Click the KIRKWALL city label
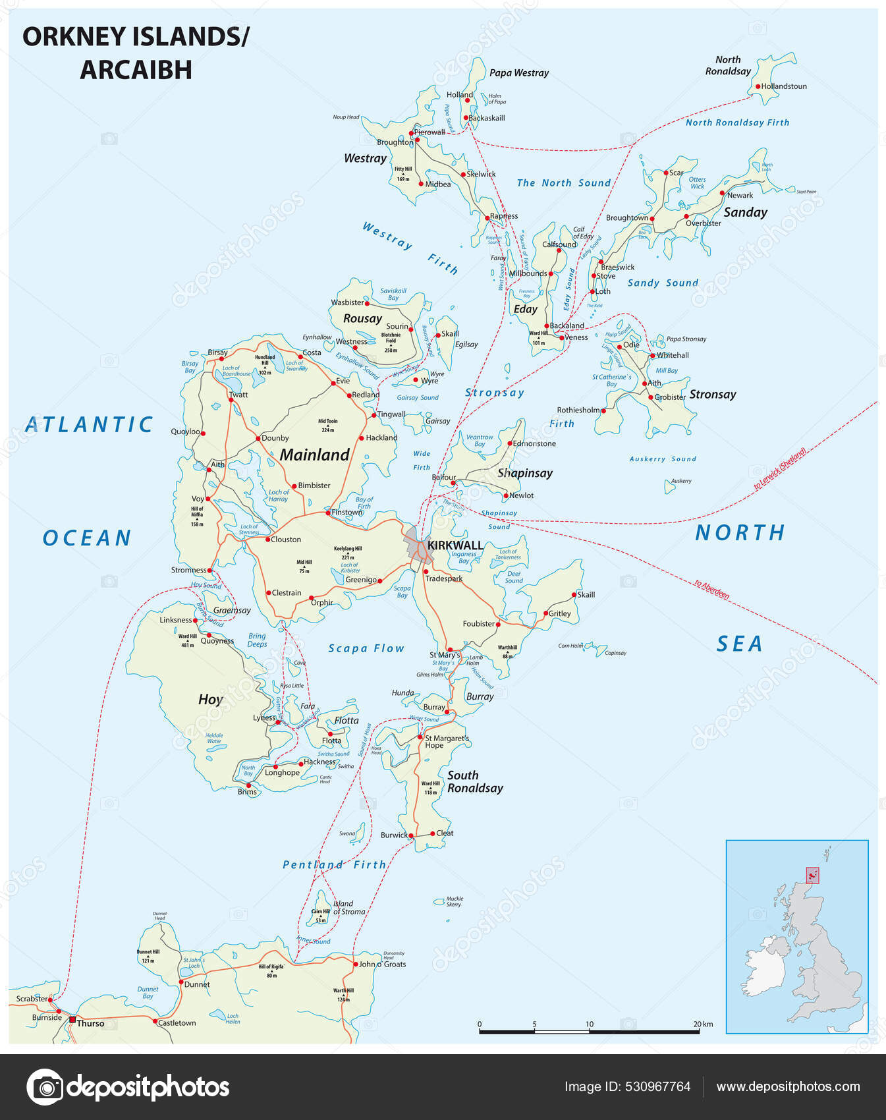[x=455, y=546]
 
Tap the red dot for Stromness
[x=210, y=571]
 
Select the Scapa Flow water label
[x=366, y=648]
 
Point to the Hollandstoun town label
[x=784, y=86]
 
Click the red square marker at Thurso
[x=72, y=1019]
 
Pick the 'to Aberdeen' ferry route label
[x=712, y=589]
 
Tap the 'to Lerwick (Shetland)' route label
[x=780, y=468]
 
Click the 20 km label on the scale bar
[x=703, y=1024]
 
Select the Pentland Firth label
[x=334, y=864]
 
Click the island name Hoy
[x=211, y=699]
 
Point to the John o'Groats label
[x=382, y=964]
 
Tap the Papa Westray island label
[x=518, y=73]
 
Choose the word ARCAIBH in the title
[x=136, y=70]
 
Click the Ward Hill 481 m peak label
[x=188, y=640]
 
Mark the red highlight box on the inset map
[x=813, y=875]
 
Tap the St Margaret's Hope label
[x=447, y=742]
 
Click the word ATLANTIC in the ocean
[x=89, y=425]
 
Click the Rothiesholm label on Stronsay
[x=578, y=410]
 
